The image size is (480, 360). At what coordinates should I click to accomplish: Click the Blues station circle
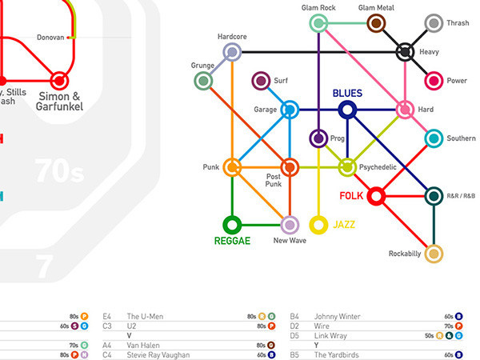pyautogui.click(x=347, y=110)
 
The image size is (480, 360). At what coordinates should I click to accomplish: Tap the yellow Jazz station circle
pyautogui.click(x=318, y=225)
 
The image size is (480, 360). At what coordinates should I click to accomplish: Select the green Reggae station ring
pyautogui.click(x=232, y=224)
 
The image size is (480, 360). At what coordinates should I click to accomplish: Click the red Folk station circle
pyautogui.click(x=376, y=195)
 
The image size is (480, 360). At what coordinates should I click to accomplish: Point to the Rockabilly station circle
pyautogui.click(x=434, y=254)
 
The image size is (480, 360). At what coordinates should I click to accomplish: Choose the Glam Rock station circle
pyautogui.click(x=319, y=24)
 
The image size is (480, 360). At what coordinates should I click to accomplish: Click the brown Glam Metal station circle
pyautogui.click(x=377, y=24)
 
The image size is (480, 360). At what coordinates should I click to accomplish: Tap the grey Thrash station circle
pyautogui.click(x=434, y=24)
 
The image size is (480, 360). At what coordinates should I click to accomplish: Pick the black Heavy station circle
pyautogui.click(x=406, y=52)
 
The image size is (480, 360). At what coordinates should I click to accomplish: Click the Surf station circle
pyautogui.click(x=260, y=81)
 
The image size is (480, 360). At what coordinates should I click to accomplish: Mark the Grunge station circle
pyautogui.click(x=203, y=81)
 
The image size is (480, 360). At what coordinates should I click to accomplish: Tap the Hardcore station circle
pyautogui.click(x=232, y=52)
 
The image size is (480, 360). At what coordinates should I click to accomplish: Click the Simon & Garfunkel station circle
pyautogui.click(x=58, y=81)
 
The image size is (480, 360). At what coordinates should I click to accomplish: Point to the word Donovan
pyautogui.click(x=51, y=38)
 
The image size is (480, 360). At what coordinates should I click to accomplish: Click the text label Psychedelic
pyautogui.click(x=380, y=168)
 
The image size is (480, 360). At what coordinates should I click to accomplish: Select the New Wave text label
pyautogui.click(x=290, y=240)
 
